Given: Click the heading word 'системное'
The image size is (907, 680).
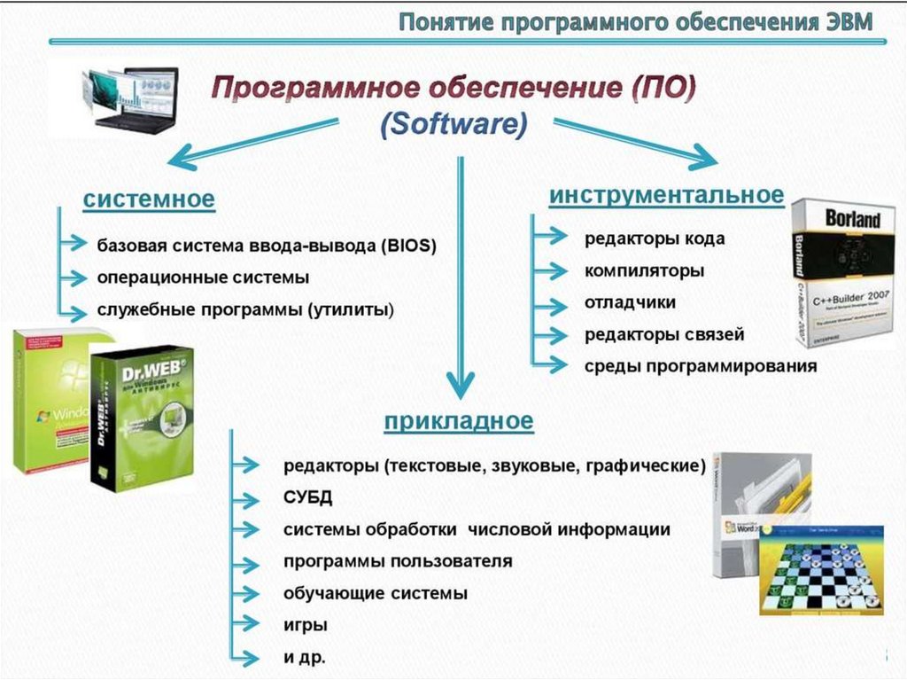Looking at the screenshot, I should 149,199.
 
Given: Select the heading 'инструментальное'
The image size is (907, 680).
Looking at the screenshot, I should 666,194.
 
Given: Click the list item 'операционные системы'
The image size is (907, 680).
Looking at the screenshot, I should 203,277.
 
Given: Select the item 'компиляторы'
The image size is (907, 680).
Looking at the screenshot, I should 644,270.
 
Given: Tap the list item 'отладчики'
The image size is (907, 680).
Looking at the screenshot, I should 630,302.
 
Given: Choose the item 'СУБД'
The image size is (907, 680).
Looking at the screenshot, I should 307,497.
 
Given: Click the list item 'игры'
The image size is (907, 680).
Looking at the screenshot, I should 306,625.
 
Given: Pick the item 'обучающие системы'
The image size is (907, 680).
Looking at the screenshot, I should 375,593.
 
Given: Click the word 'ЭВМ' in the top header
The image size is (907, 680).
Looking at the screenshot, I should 845,21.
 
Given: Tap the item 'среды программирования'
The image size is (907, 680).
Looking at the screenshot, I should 700,366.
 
